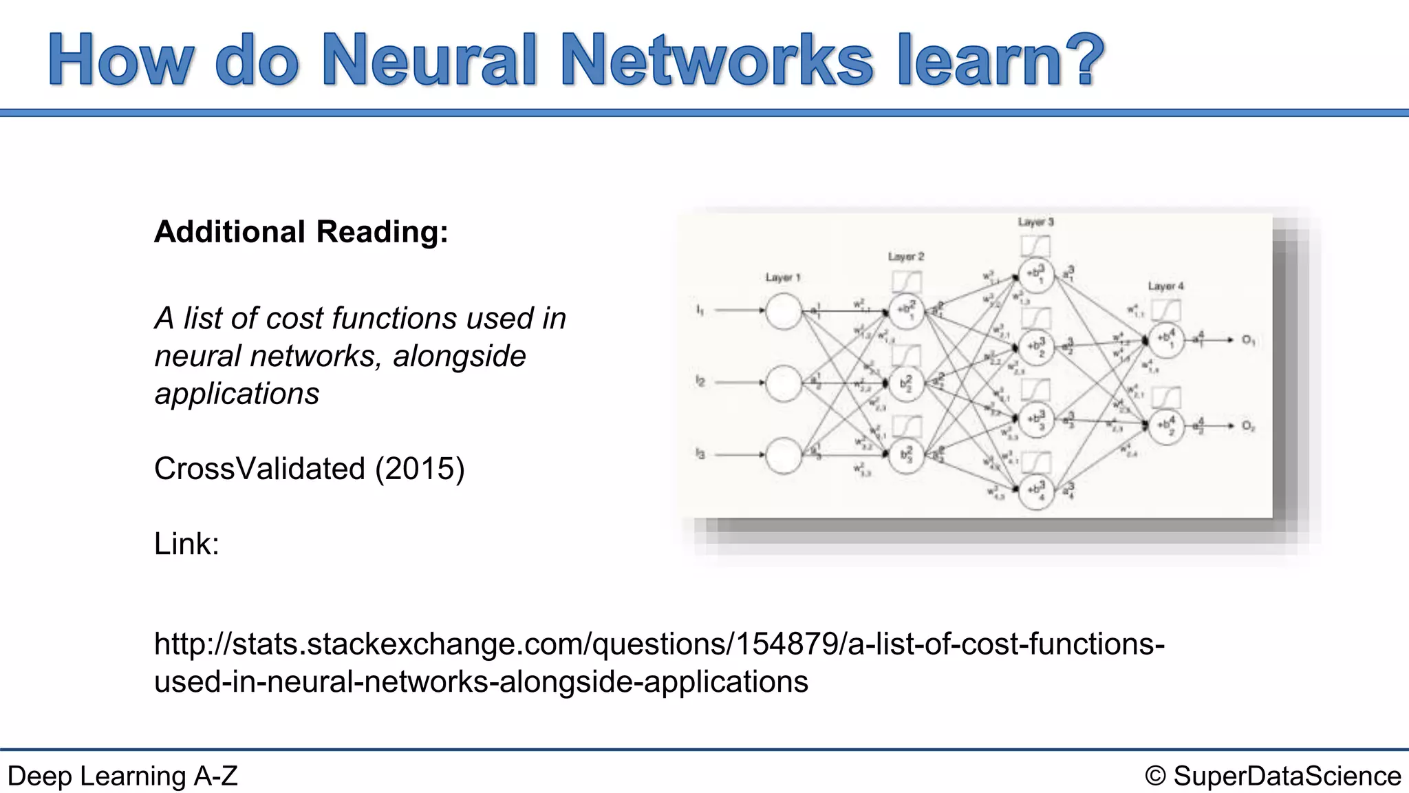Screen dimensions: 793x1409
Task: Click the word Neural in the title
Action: [x=429, y=61]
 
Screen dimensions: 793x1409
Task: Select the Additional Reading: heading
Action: [x=301, y=232]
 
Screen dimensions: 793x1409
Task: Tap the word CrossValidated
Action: [x=259, y=469]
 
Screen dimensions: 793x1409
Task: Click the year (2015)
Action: [x=420, y=469]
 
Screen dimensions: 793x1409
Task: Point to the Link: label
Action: [x=186, y=544]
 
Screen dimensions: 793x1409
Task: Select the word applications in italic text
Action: [x=237, y=394]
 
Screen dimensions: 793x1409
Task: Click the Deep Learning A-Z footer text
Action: [x=122, y=776]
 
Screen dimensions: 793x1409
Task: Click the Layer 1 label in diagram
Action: [x=783, y=277]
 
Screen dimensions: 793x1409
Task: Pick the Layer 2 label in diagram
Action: [x=905, y=257]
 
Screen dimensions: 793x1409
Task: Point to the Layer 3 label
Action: [x=1035, y=222]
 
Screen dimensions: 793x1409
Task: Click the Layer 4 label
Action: [x=1165, y=286]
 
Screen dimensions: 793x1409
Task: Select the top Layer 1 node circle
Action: [x=784, y=311]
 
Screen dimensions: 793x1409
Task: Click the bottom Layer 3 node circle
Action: [x=1036, y=491]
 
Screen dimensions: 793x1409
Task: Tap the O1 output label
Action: [x=1248, y=340]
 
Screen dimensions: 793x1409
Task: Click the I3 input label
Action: [x=700, y=454]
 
